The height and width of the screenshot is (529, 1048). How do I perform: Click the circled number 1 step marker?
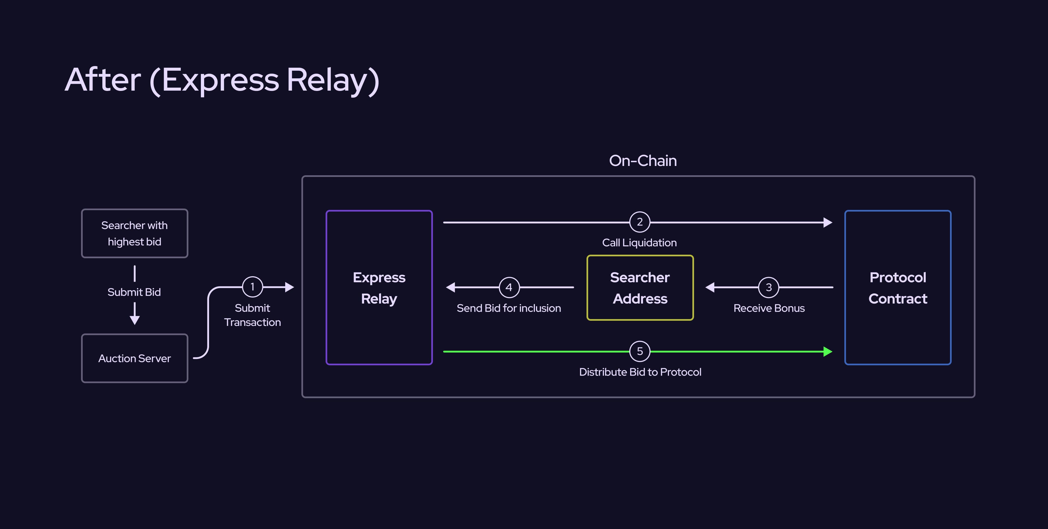[252, 287]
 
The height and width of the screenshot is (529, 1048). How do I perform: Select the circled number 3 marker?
[769, 287]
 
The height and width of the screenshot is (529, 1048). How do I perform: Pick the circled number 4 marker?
[509, 287]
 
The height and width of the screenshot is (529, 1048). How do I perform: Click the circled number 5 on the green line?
[639, 351]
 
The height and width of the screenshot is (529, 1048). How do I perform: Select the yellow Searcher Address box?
[640, 288]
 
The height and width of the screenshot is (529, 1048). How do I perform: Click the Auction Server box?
[135, 358]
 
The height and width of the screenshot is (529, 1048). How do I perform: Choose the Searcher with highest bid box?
[135, 233]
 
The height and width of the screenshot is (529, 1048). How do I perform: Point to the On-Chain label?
[643, 161]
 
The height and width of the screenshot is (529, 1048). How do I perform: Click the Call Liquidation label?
[639, 242]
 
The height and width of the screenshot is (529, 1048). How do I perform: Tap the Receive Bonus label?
[769, 308]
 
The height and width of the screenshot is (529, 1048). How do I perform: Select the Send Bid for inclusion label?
[508, 308]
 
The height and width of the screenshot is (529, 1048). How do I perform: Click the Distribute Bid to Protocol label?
[640, 372]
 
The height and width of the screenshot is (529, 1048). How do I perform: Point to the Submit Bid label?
[134, 292]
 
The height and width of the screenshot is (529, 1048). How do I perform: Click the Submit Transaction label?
[252, 315]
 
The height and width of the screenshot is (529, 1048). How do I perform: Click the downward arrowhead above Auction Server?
[135, 320]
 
